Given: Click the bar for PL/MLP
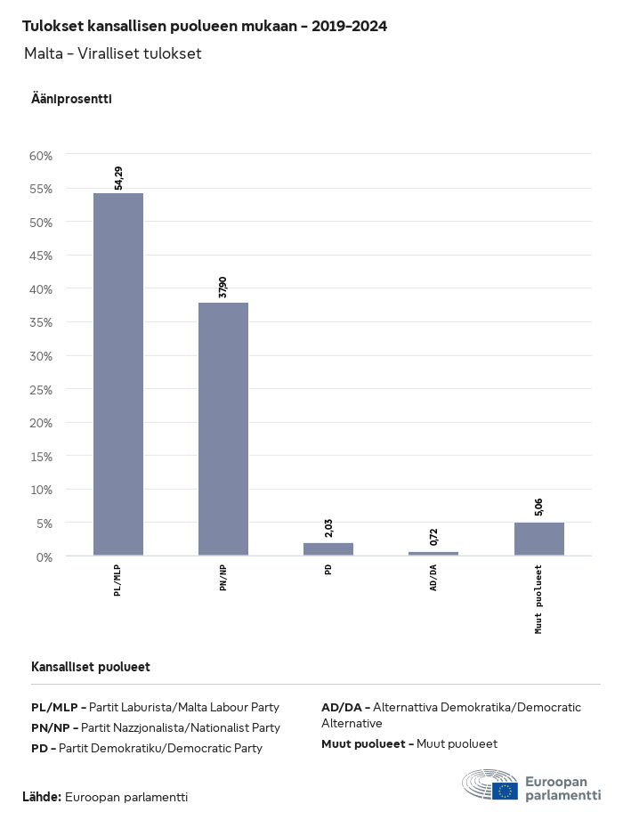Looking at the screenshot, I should click(x=118, y=374).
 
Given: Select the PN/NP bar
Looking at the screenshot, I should click(x=223, y=429).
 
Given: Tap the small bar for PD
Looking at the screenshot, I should click(x=328, y=548).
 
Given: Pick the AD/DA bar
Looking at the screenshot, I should click(x=433, y=553).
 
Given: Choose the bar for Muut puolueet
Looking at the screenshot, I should click(x=538, y=539).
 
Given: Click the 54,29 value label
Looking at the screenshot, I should click(x=119, y=178).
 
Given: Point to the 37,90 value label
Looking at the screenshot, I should click(x=224, y=288).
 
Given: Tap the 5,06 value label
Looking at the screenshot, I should click(x=539, y=507).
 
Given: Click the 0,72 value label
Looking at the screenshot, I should click(x=434, y=537).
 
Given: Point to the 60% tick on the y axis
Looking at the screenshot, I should click(x=42, y=155).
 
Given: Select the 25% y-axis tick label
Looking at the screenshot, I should click(x=42, y=389).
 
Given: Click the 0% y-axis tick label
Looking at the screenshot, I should click(x=44, y=556).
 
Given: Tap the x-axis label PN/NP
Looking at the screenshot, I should click(x=224, y=579).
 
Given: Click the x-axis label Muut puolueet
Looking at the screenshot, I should click(x=539, y=598).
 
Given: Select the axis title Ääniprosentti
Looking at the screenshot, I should click(x=71, y=99).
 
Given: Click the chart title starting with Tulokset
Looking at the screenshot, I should click(x=205, y=27).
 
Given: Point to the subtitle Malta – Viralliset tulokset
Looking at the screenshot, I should click(x=113, y=53).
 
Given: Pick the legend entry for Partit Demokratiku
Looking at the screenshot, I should click(x=147, y=748).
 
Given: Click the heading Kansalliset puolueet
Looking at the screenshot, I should click(x=91, y=667).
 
